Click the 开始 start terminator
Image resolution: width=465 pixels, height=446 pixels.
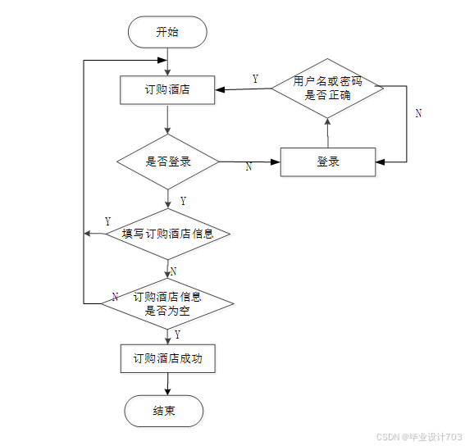tap(167, 32)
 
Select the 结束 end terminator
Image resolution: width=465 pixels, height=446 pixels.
tap(164, 411)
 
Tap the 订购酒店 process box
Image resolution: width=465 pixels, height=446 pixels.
tap(167, 90)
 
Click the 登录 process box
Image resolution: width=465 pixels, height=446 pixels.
tap(328, 162)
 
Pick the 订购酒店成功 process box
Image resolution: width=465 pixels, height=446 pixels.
tap(168, 358)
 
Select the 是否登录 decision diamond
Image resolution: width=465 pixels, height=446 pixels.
tap(168, 162)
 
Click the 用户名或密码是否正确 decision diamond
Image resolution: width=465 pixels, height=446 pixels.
tap(328, 88)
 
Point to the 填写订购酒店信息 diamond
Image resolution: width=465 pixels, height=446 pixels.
tap(168, 234)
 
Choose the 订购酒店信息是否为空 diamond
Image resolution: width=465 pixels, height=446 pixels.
tap(167, 303)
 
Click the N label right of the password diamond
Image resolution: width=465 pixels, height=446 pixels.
tap(418, 113)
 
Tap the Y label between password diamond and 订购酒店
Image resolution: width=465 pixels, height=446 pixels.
tap(255, 79)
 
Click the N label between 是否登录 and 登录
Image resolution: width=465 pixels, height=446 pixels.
tap(248, 166)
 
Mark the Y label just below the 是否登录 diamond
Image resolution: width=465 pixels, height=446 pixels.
tap(183, 201)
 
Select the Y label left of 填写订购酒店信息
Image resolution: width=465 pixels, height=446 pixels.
tap(108, 221)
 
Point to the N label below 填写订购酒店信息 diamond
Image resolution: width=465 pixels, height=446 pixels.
tap(174, 271)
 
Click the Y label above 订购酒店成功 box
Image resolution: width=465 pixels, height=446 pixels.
tap(177, 334)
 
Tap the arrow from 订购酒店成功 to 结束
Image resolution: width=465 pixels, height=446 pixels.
tap(167, 384)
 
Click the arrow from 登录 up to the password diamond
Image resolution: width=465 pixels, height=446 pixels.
tap(328, 133)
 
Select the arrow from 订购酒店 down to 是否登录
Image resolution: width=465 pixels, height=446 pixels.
tap(167, 119)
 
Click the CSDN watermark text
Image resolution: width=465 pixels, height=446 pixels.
tap(419, 437)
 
